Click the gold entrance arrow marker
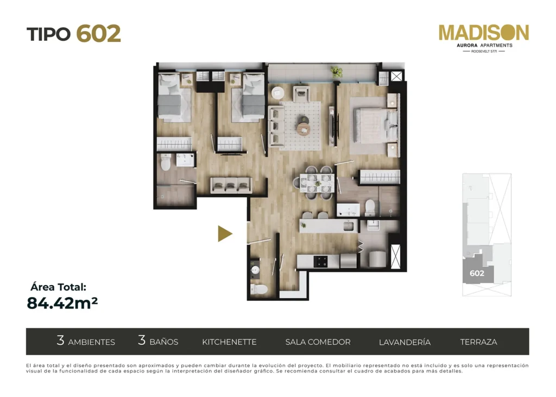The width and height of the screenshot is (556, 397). (225, 234)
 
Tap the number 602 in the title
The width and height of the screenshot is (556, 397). (99, 34)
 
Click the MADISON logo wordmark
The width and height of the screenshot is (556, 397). (484, 33)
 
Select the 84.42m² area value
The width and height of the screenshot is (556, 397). (62, 303)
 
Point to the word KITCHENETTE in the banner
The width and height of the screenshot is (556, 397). (229, 342)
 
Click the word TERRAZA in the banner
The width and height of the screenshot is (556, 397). (478, 342)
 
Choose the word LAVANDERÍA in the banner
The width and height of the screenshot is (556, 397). (405, 342)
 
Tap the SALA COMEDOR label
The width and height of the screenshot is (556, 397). (318, 342)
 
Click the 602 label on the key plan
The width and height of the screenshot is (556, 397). (477, 273)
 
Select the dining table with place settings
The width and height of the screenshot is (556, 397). (317, 182)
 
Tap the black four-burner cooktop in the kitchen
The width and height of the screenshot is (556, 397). (321, 262)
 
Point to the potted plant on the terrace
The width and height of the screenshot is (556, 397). (337, 72)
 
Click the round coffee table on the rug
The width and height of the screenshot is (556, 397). (303, 129)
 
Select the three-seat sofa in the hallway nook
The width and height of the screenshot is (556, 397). (231, 186)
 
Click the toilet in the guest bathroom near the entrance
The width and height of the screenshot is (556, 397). (259, 289)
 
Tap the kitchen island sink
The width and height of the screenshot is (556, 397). (348, 226)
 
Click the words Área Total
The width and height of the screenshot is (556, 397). (59, 287)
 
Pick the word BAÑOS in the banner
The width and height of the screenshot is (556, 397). (163, 342)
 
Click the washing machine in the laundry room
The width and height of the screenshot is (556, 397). (377, 259)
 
